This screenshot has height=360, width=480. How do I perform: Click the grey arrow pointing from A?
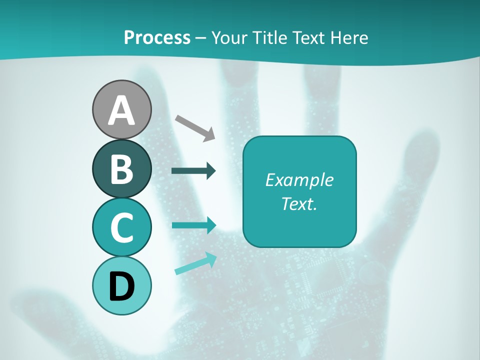195,127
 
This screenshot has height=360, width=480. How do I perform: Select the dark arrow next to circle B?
193,171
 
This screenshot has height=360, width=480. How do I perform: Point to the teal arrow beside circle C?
193,225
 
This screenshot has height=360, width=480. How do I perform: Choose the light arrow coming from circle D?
195,263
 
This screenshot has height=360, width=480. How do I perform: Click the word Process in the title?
157,38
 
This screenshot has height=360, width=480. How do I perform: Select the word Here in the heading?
350,38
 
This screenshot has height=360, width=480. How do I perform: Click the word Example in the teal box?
299,180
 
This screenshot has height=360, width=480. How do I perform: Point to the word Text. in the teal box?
299,204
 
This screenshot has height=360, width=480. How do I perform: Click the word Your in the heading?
227,38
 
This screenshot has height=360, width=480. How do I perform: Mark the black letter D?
121,286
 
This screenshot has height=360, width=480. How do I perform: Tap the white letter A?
121,110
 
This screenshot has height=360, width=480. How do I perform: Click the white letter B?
121,169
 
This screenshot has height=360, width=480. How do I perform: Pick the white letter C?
121,227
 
